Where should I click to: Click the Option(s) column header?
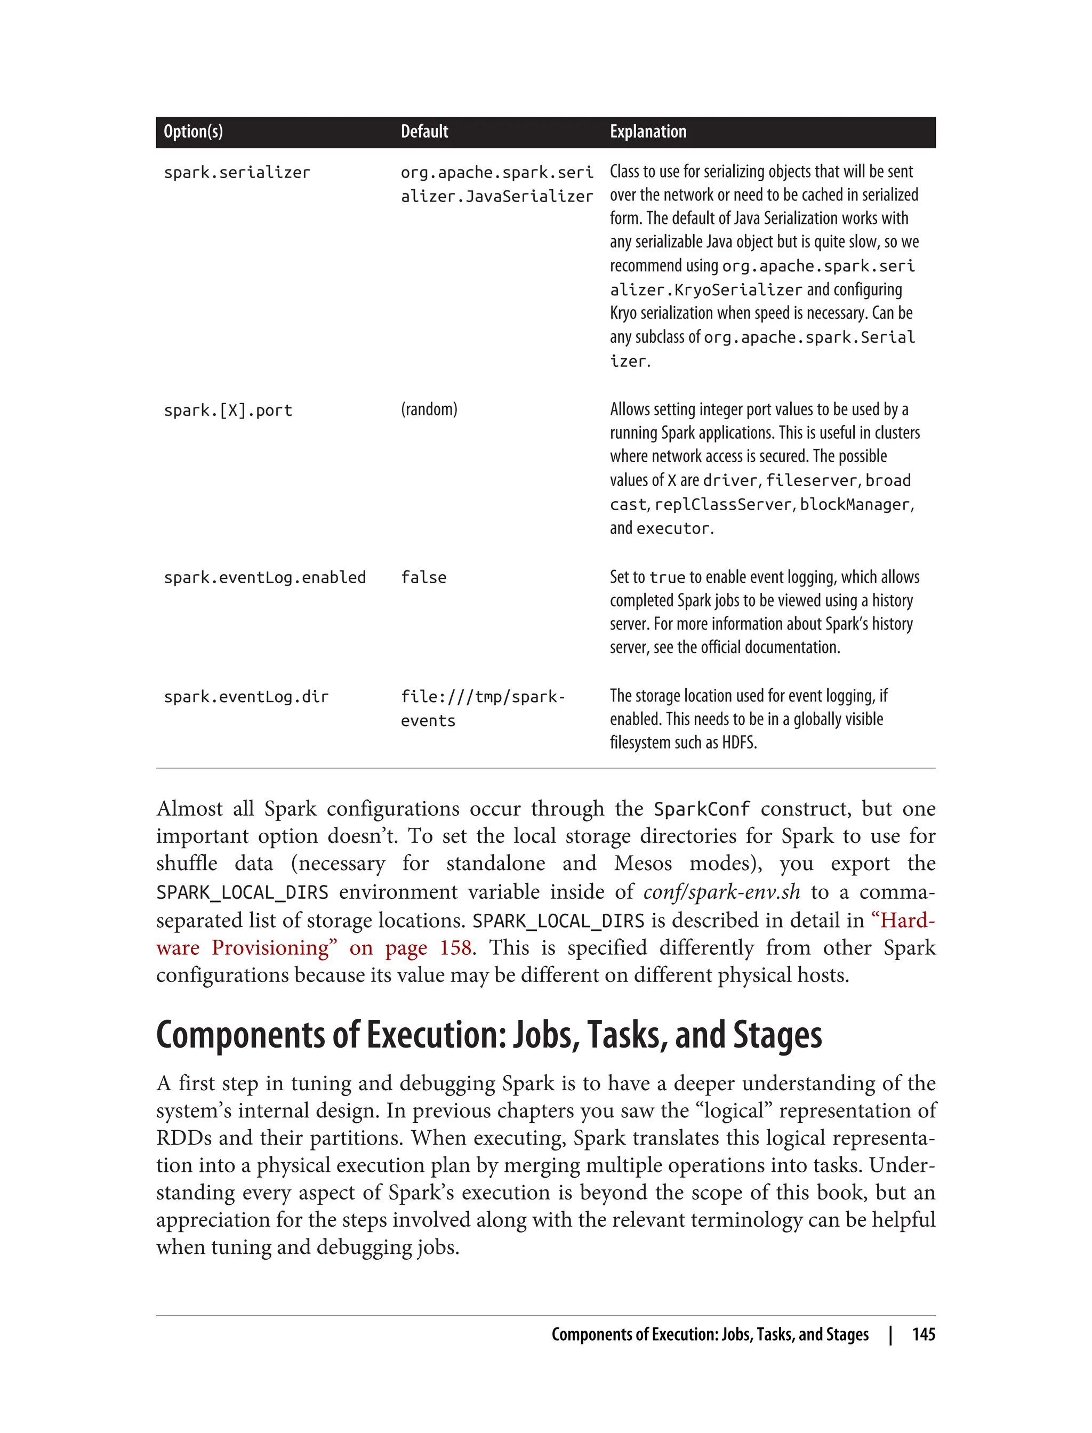coord(193,132)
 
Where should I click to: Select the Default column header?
coord(424,132)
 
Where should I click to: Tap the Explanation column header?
coord(647,132)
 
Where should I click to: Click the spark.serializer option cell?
coord(237,173)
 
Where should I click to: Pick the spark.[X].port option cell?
coord(228,410)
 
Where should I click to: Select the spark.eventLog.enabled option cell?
coord(264,578)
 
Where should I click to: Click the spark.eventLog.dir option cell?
coord(246,697)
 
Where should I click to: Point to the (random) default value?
coord(429,409)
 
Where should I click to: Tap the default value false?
coord(423,578)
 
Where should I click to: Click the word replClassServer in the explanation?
coord(724,505)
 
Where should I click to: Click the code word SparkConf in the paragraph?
coord(701,810)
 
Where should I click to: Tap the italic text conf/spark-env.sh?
coord(721,892)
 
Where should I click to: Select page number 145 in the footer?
coord(923,1335)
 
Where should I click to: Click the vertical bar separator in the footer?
coord(890,1335)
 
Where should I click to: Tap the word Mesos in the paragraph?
coord(642,864)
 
